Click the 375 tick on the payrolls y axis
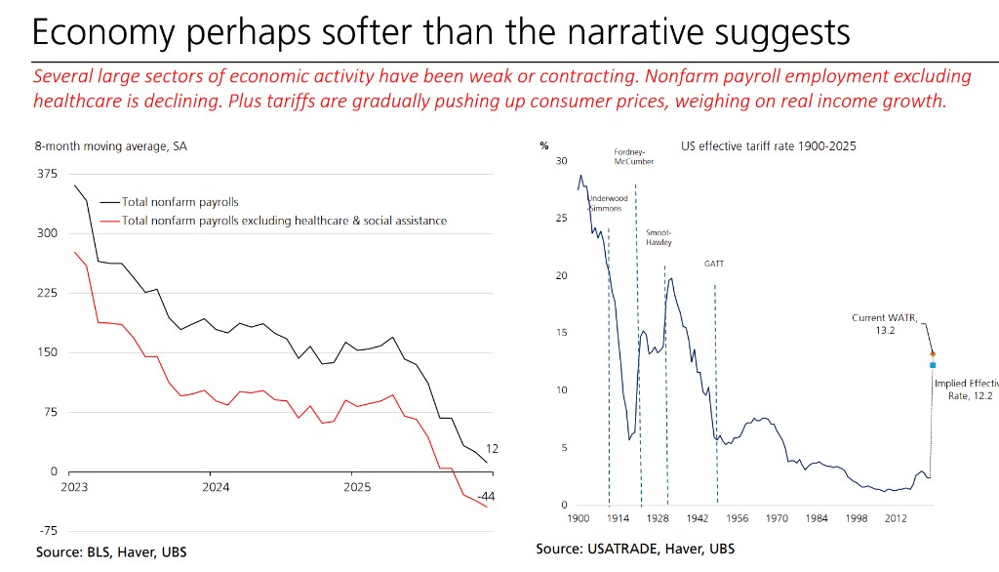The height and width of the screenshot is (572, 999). click(x=46, y=175)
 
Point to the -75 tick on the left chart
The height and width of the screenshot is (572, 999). click(x=46, y=531)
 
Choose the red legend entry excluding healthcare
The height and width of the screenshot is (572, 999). click(x=284, y=221)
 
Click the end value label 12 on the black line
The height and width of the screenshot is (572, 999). click(x=492, y=449)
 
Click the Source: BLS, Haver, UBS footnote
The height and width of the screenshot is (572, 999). click(x=111, y=552)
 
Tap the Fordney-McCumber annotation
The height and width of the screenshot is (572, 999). click(x=633, y=157)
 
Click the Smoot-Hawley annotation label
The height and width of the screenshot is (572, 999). click(x=659, y=237)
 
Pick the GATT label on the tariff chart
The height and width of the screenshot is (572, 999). click(x=714, y=265)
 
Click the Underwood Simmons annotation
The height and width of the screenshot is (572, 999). click(x=605, y=202)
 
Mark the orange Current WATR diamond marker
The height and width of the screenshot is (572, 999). click(x=933, y=353)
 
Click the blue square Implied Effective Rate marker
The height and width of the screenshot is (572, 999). click(x=933, y=365)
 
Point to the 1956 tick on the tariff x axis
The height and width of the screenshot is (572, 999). click(x=738, y=517)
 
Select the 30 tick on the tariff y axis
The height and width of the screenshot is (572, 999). click(x=561, y=160)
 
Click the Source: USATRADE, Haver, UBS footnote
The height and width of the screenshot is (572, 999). click(x=636, y=550)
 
